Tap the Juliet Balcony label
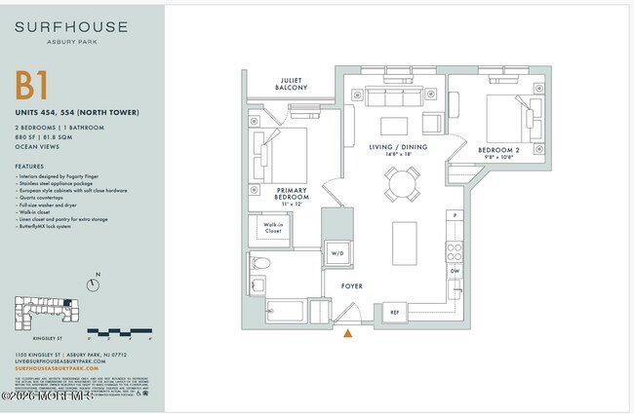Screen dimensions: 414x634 point(291,85)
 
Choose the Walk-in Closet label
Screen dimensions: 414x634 point(274,229)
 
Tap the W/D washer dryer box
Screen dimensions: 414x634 point(337,254)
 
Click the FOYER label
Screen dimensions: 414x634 point(351,286)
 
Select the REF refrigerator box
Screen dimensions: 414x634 point(395,313)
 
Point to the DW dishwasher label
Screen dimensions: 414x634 point(455,270)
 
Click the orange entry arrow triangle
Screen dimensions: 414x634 point(348,333)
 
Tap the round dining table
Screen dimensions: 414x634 point(402,182)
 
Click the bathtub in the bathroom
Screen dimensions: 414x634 point(285,311)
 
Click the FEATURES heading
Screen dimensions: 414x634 point(29,166)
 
